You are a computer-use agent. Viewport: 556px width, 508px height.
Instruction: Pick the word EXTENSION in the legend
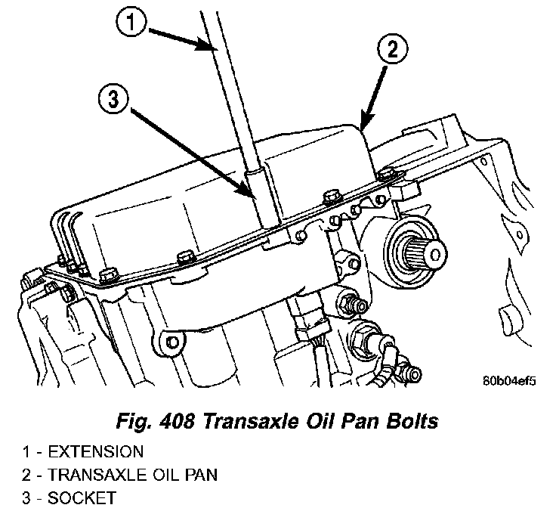coord(95,452)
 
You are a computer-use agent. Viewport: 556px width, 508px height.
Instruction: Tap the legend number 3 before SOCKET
coord(26,497)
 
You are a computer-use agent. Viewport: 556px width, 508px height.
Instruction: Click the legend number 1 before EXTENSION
coord(26,452)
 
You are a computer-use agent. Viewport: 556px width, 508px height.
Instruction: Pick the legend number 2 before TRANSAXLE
coord(26,475)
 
